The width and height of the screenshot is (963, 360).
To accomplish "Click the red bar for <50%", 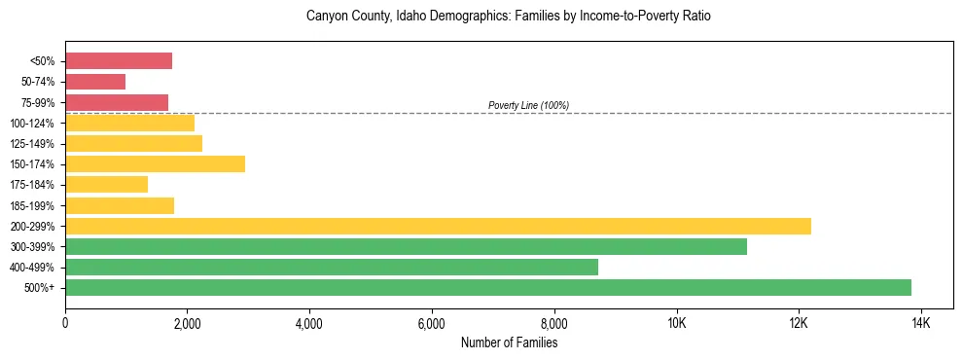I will point(119,61).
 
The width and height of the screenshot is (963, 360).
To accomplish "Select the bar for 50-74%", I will point(95,82).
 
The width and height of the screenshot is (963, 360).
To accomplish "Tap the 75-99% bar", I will point(117,102).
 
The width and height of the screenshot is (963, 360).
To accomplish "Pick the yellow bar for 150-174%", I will point(155,163).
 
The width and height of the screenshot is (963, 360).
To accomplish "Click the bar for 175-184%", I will point(106,184).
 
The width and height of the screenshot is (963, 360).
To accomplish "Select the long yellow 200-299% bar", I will point(438,226).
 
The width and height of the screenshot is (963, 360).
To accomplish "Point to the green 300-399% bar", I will point(406,246).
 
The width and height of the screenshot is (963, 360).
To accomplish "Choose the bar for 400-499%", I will point(332,267).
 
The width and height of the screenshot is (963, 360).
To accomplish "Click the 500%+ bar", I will point(488,287).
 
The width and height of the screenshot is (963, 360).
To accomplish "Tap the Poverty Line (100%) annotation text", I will point(528,105).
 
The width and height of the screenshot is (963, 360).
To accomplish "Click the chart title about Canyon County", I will point(509,17).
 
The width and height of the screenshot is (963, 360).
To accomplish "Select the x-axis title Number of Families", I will point(509,342).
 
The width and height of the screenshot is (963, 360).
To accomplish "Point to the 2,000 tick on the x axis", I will point(188,323).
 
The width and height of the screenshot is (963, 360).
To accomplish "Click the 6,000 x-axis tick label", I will point(432,323).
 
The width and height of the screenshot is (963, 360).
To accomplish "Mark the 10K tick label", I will point(676,323).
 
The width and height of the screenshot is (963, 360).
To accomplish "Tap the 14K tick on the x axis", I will point(920,323).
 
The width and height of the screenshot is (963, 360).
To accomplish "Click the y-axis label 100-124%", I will point(32,124).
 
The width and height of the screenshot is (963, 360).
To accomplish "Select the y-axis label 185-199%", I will point(32,205).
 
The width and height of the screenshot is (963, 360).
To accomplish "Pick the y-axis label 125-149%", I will point(32,144).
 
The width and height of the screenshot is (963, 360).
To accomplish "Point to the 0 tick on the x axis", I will point(65,323).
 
